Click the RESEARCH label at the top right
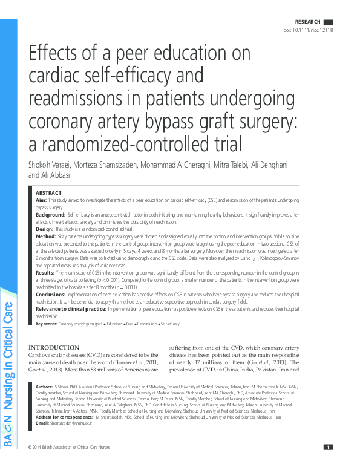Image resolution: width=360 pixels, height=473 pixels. click(307, 22)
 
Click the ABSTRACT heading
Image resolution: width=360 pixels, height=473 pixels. click(48, 192)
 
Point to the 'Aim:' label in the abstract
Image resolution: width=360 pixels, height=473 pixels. click(41, 200)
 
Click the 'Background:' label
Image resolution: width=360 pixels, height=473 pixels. click(50, 215)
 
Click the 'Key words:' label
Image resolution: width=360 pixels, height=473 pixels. click(47, 325)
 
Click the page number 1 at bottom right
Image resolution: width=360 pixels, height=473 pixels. click(327, 464)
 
